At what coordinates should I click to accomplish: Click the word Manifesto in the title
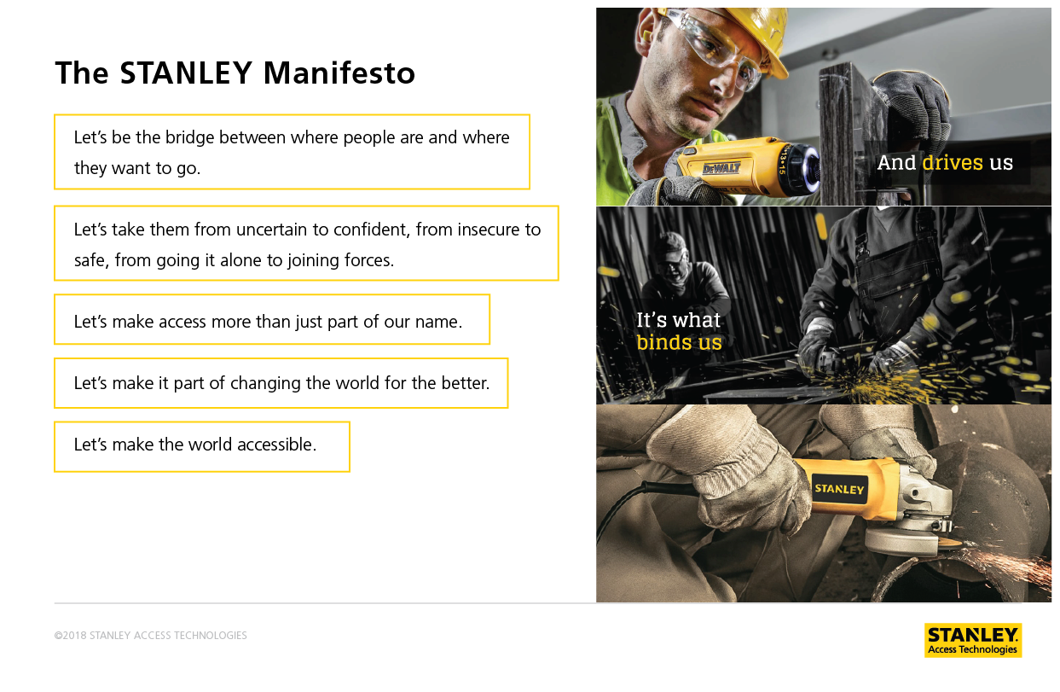coord(339,73)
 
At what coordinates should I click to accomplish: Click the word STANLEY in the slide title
coord(186,73)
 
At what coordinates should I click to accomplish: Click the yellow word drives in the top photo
coord(952,163)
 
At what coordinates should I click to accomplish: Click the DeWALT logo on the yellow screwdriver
coord(721,168)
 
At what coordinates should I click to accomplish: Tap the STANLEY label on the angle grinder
coord(839,489)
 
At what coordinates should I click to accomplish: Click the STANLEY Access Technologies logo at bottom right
coord(973,640)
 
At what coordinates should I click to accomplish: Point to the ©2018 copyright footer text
coord(150,636)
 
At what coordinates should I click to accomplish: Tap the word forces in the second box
coord(369,260)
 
